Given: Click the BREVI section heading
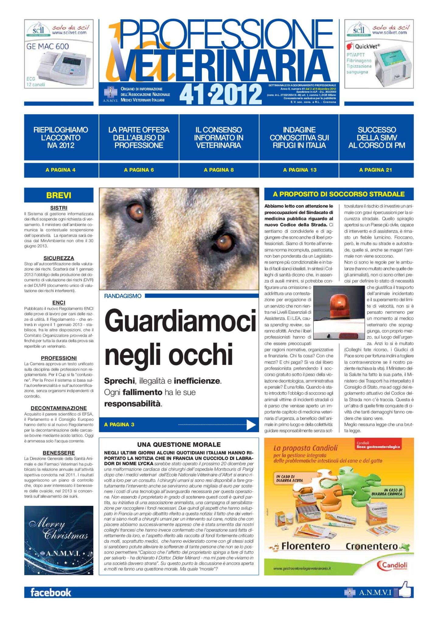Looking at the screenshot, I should click(x=59, y=195).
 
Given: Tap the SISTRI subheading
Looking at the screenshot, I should click(x=59, y=208).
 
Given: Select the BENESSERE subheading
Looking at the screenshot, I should click(x=59, y=453).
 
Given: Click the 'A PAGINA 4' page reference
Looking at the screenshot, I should click(x=61, y=170).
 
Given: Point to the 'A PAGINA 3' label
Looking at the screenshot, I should click(x=119, y=424).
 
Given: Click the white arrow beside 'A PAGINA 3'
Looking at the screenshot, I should click(x=251, y=424).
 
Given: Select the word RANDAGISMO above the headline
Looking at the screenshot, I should click(x=123, y=296).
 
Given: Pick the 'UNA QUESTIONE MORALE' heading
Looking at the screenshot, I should click(x=179, y=444).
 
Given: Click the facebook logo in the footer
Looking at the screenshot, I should click(x=50, y=593).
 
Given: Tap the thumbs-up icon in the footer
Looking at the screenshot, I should click(x=404, y=590).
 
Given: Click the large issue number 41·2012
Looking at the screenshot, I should click(x=221, y=94).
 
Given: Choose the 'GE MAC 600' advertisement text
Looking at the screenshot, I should click(x=47, y=47).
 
